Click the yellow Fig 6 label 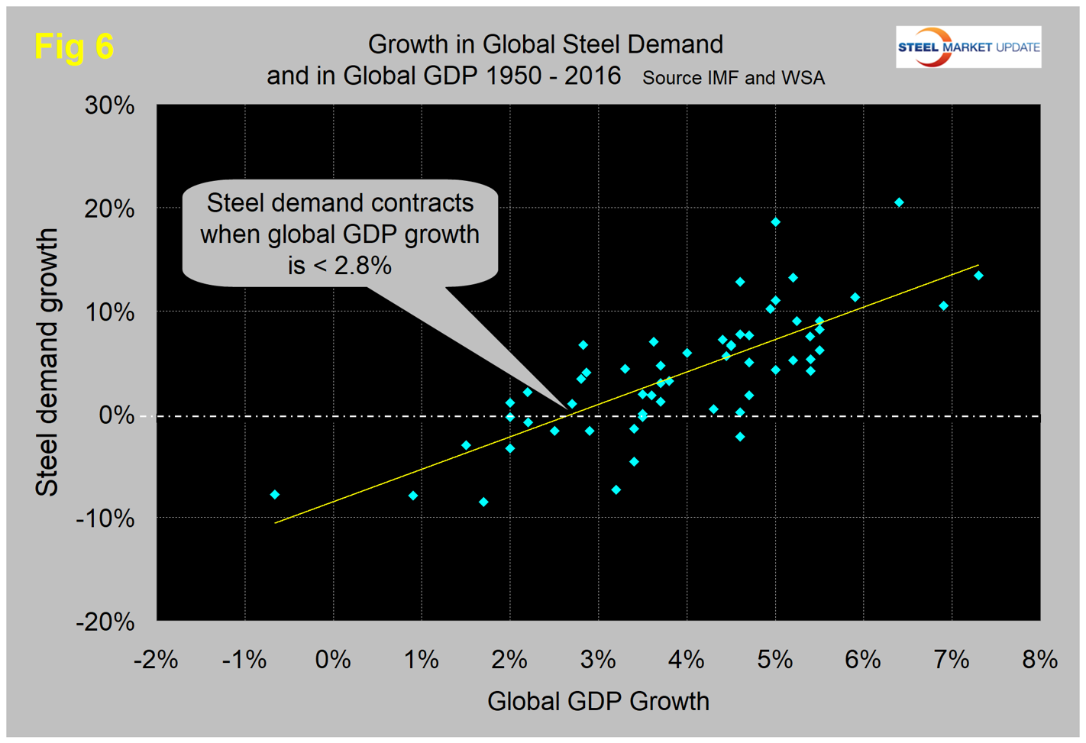74,47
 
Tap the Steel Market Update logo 968,47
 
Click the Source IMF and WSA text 733,78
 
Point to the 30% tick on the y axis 110,105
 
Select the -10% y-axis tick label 105,518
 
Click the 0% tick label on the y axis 117,415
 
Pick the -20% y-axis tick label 105,622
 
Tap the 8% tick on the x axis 1039,659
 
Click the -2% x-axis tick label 156,659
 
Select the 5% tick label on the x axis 774,659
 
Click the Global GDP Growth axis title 598,701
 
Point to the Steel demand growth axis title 47,363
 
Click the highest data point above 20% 899,202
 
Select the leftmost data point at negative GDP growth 275,495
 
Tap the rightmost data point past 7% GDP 978,276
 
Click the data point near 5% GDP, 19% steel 775,222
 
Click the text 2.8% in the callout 361,265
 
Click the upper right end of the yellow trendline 978,265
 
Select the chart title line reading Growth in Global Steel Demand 545,44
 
